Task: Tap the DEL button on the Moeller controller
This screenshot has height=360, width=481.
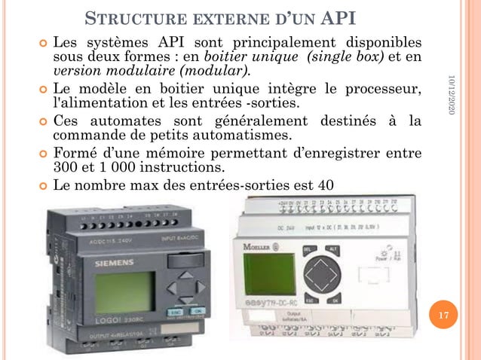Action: pos(308,249)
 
